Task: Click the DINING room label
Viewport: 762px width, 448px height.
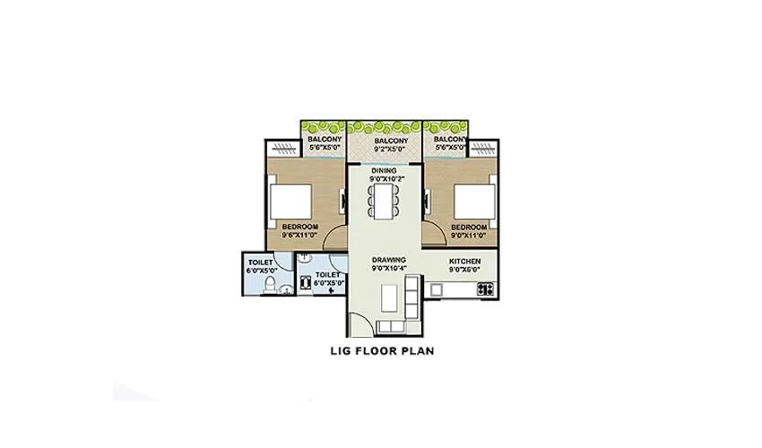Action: pyautogui.click(x=384, y=169)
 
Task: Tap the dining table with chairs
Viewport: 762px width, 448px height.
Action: pyautogui.click(x=385, y=199)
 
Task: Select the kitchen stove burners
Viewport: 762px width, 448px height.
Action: pyautogui.click(x=486, y=289)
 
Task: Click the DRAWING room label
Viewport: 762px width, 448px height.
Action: pyautogui.click(x=390, y=259)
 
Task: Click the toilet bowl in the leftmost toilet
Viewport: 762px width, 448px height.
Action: pyautogui.click(x=270, y=284)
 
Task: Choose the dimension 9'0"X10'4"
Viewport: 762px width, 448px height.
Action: pyautogui.click(x=390, y=267)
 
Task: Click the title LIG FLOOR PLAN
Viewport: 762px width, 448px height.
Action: pyautogui.click(x=382, y=350)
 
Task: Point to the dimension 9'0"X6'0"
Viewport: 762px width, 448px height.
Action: pyautogui.click(x=465, y=267)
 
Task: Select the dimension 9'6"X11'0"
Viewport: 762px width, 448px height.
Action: pyautogui.click(x=299, y=236)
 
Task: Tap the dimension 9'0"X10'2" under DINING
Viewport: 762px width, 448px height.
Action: pyautogui.click(x=384, y=177)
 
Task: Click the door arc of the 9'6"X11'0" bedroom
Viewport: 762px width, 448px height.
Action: pyautogui.click(x=334, y=238)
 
